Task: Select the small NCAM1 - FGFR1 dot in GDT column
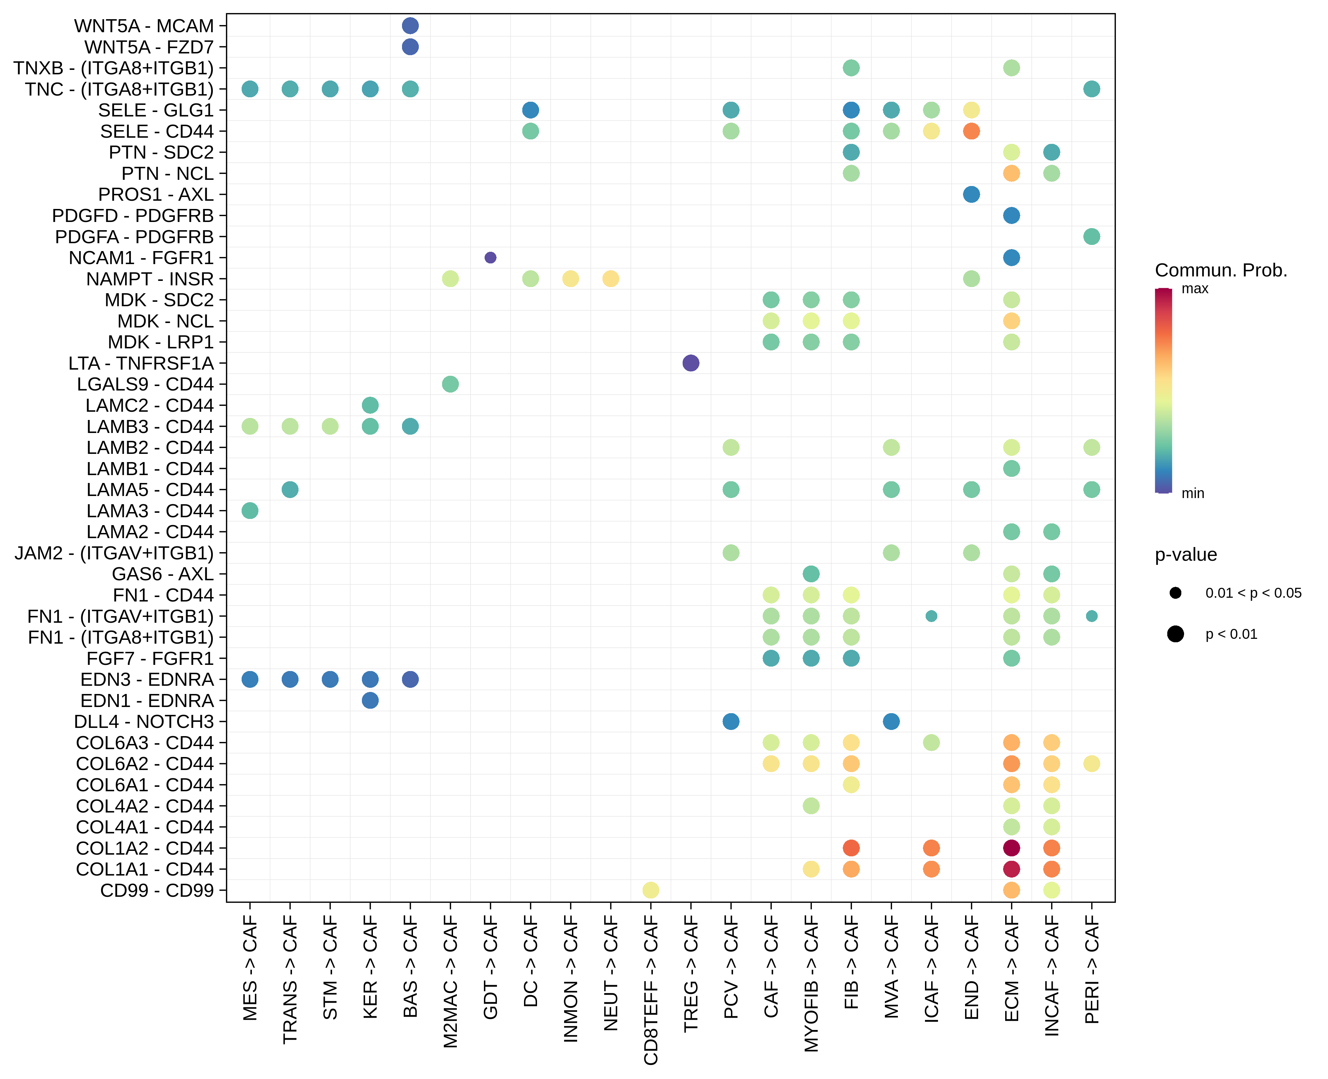[490, 257]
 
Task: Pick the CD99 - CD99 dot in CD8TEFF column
[650, 890]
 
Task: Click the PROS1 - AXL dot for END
[971, 195]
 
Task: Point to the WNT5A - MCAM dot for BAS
[410, 25]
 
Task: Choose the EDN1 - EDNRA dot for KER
[370, 700]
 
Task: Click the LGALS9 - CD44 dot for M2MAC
[450, 384]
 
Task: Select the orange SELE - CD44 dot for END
[971, 131]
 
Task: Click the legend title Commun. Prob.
[1220, 270]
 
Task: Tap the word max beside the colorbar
[1194, 288]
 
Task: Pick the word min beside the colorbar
[1193, 494]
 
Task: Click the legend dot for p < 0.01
[1175, 634]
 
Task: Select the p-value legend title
[1186, 555]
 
